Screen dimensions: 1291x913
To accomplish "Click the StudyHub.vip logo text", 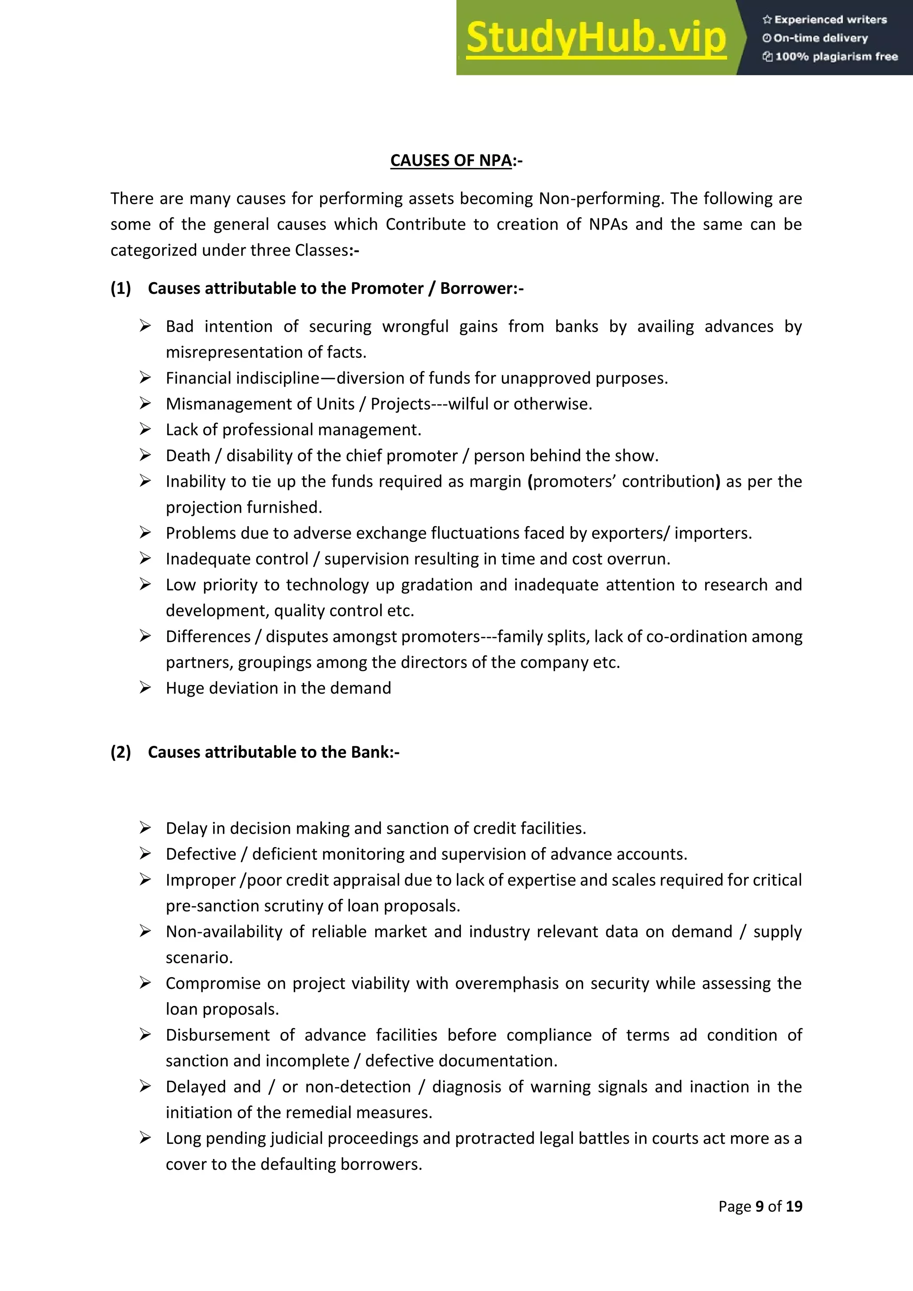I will point(596,38).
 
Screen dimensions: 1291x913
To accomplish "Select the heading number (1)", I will point(120,288).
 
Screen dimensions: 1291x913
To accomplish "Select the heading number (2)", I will point(120,752).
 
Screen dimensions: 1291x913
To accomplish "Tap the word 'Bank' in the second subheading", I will point(370,752).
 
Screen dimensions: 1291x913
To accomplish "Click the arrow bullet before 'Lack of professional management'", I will point(145,430).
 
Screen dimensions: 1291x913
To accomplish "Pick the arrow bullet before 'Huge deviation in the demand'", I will point(145,688).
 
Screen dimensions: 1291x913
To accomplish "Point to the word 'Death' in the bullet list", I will point(188,456).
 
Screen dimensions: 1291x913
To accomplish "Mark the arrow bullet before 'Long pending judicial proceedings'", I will point(145,1138).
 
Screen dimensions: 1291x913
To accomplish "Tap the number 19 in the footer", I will point(794,1206).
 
